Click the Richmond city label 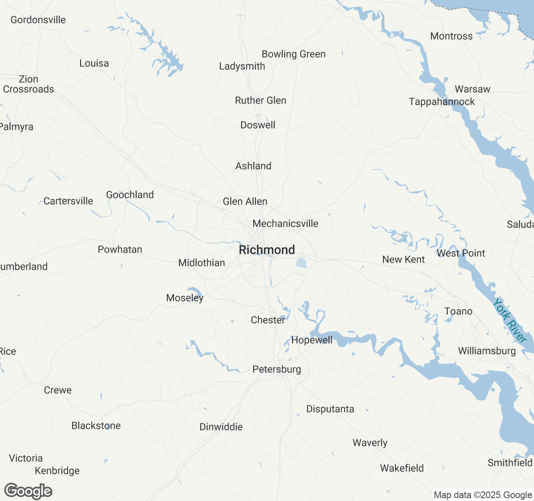[x=267, y=250]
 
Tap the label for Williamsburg [x=487, y=351]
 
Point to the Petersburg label [x=277, y=369]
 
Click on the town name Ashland [x=253, y=166]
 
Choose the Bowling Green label [x=293, y=54]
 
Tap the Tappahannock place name [x=442, y=101]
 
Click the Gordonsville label [x=38, y=20]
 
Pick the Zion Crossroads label [x=28, y=84]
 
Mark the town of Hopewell [x=312, y=340]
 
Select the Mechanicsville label [x=285, y=223]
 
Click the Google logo [x=28, y=491]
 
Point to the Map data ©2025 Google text [x=483, y=495]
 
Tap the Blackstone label [x=96, y=425]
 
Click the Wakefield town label [x=402, y=468]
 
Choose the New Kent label [x=403, y=259]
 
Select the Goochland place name [x=130, y=195]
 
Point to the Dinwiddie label [x=221, y=427]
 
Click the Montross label [x=451, y=36]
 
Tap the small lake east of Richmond [x=302, y=263]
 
